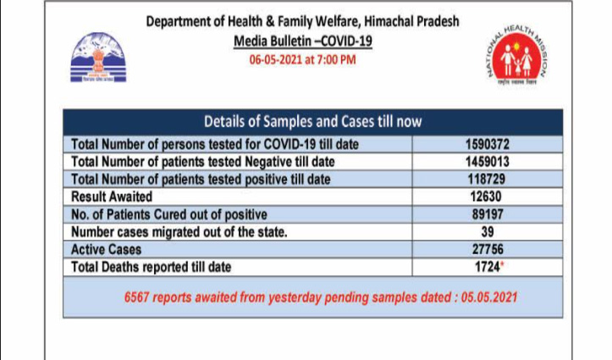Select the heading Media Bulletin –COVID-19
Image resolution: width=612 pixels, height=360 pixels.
[304, 41]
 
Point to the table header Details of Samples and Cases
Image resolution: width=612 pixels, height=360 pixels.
[313, 122]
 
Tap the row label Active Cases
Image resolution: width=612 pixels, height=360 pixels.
[107, 250]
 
